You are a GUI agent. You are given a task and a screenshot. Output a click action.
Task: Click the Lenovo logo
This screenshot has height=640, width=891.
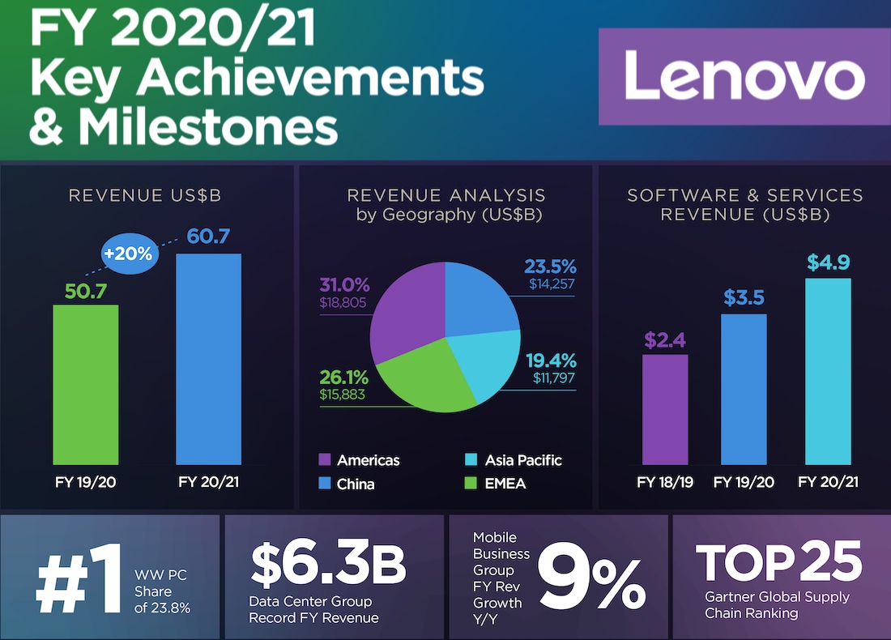(x=744, y=76)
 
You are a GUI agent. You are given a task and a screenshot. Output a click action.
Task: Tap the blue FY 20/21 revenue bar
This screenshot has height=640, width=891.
(x=208, y=358)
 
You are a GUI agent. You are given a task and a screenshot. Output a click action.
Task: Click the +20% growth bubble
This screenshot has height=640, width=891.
(x=127, y=253)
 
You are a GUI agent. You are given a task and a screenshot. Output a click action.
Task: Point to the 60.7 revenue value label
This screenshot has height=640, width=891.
(x=208, y=237)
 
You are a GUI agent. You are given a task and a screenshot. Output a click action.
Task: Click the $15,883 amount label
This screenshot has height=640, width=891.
(x=343, y=395)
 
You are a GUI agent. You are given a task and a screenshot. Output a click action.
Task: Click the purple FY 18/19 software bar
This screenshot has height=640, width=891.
(x=665, y=409)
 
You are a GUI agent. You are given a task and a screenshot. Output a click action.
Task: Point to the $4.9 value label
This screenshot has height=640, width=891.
(x=828, y=262)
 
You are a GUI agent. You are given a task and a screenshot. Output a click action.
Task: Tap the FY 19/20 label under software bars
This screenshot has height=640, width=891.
(x=744, y=483)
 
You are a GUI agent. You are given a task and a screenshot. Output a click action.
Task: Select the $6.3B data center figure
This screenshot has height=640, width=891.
(x=326, y=564)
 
